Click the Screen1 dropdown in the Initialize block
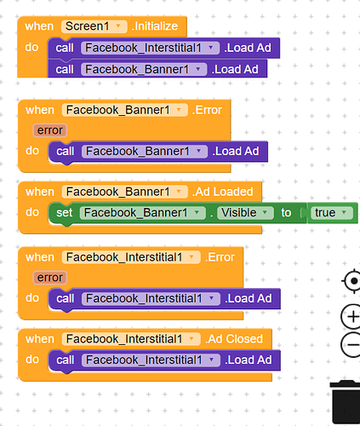point(94,26)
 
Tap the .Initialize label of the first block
point(155,26)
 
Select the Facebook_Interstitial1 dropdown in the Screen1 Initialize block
point(150,48)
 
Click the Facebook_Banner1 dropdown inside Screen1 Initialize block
point(144,69)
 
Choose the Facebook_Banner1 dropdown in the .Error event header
point(125,110)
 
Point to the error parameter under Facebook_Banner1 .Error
point(50,130)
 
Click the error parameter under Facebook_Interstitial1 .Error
point(50,278)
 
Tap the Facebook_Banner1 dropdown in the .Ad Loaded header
point(125,192)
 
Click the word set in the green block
point(65,213)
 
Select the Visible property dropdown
point(245,213)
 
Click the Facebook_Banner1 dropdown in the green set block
point(143,213)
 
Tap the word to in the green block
point(286,213)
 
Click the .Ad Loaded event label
point(222,192)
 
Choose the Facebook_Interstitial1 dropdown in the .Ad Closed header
point(131,339)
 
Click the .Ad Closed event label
point(234,339)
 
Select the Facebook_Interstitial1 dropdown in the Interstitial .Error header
point(131,257)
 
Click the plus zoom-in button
point(351,316)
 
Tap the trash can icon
point(346,402)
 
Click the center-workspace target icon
point(351,281)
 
